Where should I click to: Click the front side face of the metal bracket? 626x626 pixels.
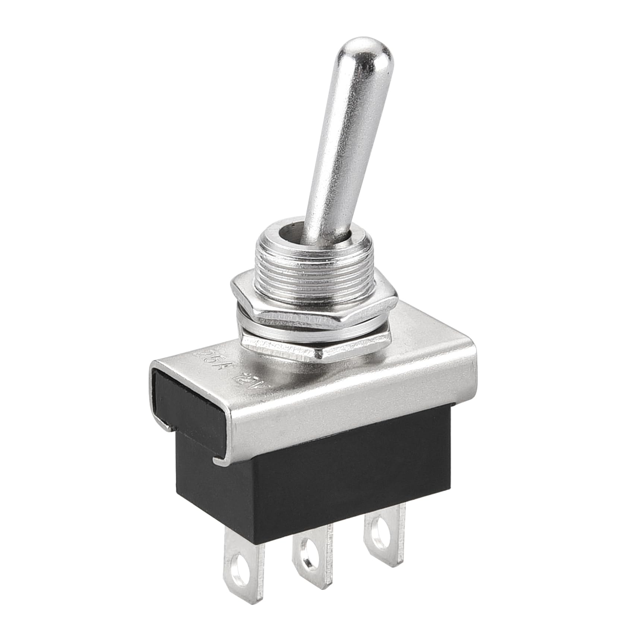347,402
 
